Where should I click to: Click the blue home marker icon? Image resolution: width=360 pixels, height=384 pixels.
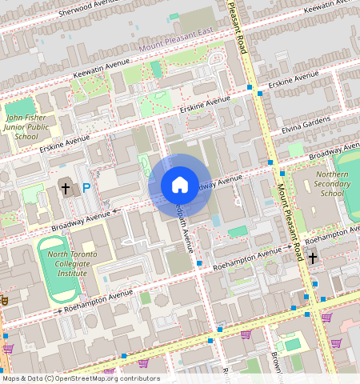click(x=180, y=186)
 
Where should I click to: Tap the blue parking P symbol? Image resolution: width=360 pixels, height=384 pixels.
click(x=86, y=189)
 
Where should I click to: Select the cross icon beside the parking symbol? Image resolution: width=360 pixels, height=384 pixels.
click(x=66, y=189)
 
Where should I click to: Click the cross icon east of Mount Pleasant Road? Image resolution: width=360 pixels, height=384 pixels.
click(x=313, y=257)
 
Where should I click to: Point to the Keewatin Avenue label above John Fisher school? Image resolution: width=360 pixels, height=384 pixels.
click(x=102, y=70)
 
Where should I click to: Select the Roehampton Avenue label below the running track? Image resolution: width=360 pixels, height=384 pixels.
click(x=98, y=298)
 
